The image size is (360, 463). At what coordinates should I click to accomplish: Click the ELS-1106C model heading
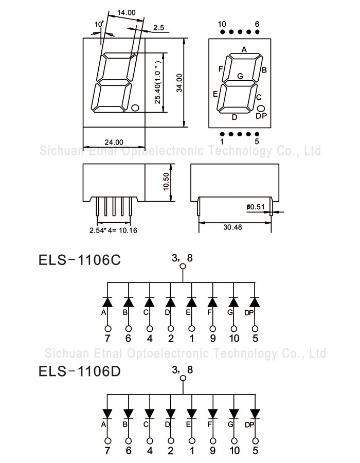[80, 260]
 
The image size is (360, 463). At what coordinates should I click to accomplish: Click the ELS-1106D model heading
[80, 371]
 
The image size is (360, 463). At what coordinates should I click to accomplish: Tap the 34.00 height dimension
[179, 82]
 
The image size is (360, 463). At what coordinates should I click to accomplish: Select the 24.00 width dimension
[114, 141]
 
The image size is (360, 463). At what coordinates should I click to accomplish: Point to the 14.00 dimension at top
[126, 12]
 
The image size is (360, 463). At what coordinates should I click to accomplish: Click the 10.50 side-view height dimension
[166, 182]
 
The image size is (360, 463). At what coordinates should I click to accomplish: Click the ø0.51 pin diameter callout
[256, 207]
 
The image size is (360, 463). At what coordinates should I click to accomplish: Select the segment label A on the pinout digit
[244, 50]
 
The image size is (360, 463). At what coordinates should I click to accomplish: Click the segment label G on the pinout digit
[240, 76]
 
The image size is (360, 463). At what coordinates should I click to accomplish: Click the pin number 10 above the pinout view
[222, 24]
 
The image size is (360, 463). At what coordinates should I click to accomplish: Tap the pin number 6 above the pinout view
[257, 24]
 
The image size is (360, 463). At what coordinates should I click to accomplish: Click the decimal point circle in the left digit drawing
[135, 108]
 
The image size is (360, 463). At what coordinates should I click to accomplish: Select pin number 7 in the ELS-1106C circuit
[107, 339]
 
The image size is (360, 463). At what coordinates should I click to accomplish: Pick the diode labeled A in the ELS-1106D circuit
[107, 413]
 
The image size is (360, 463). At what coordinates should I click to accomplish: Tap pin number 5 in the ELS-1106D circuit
[255, 451]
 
